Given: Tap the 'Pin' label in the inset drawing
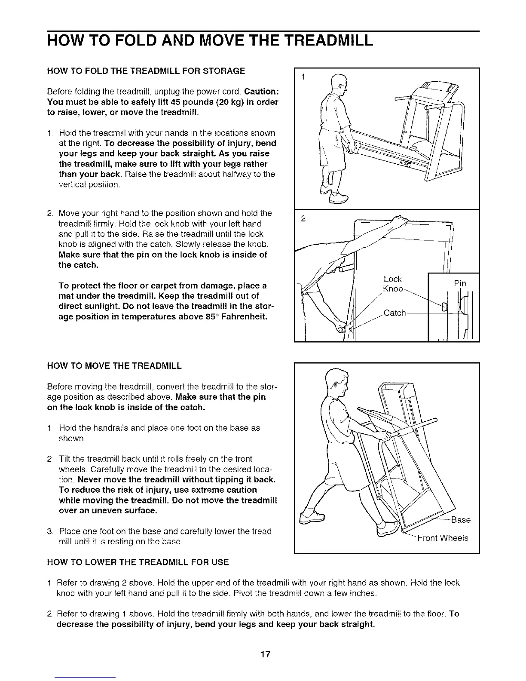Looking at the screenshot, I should (x=460, y=284).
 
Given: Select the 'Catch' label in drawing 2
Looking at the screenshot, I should (x=394, y=313).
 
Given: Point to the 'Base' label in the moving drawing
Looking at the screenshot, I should (x=461, y=520).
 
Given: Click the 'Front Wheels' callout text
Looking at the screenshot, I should (x=443, y=538).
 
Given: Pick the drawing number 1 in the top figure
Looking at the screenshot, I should (x=303, y=77).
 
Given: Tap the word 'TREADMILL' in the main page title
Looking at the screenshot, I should (x=329, y=41).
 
